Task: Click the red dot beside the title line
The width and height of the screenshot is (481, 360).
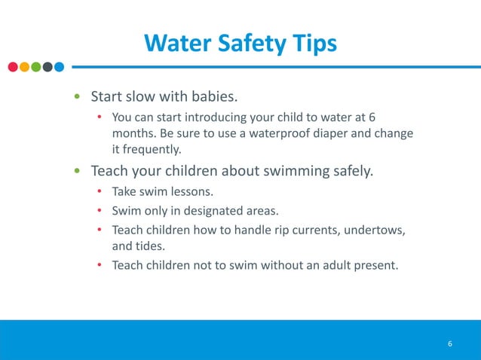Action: click(14, 66)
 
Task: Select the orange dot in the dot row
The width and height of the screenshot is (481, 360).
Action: click(25, 66)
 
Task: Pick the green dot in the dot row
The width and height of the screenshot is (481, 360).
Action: click(36, 66)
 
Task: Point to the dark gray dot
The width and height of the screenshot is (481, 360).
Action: click(47, 66)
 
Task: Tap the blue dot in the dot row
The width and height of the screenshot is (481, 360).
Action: click(59, 66)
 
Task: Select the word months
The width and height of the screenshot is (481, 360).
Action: click(133, 133)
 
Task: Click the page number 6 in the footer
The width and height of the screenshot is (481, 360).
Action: click(449, 344)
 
